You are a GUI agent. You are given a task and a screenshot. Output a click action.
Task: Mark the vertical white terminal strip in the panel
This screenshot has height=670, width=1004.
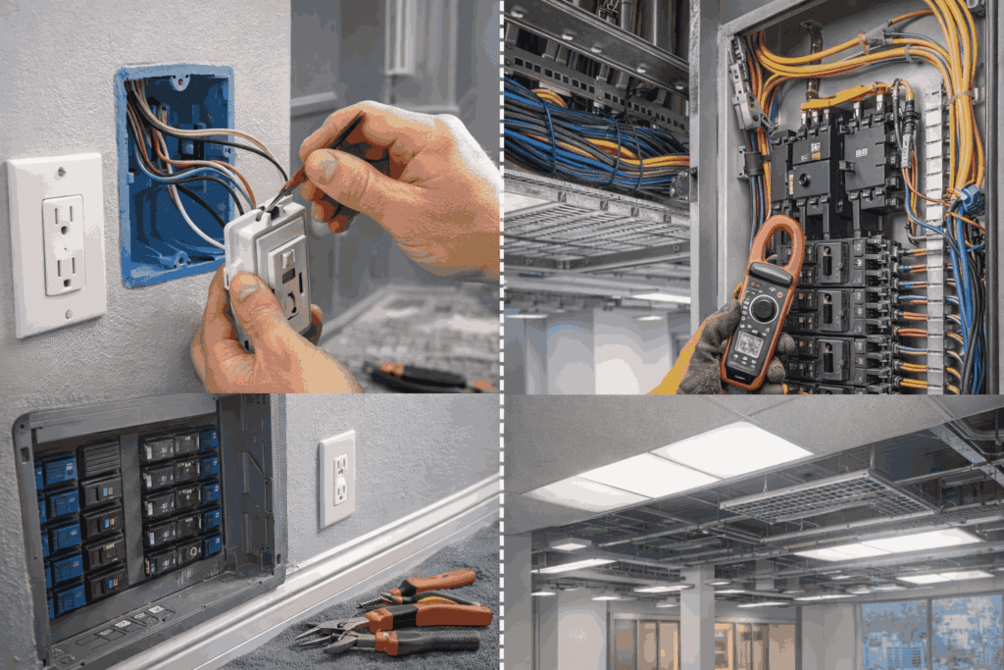932,245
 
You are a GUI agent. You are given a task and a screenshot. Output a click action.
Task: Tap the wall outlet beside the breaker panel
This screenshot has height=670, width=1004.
336,478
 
